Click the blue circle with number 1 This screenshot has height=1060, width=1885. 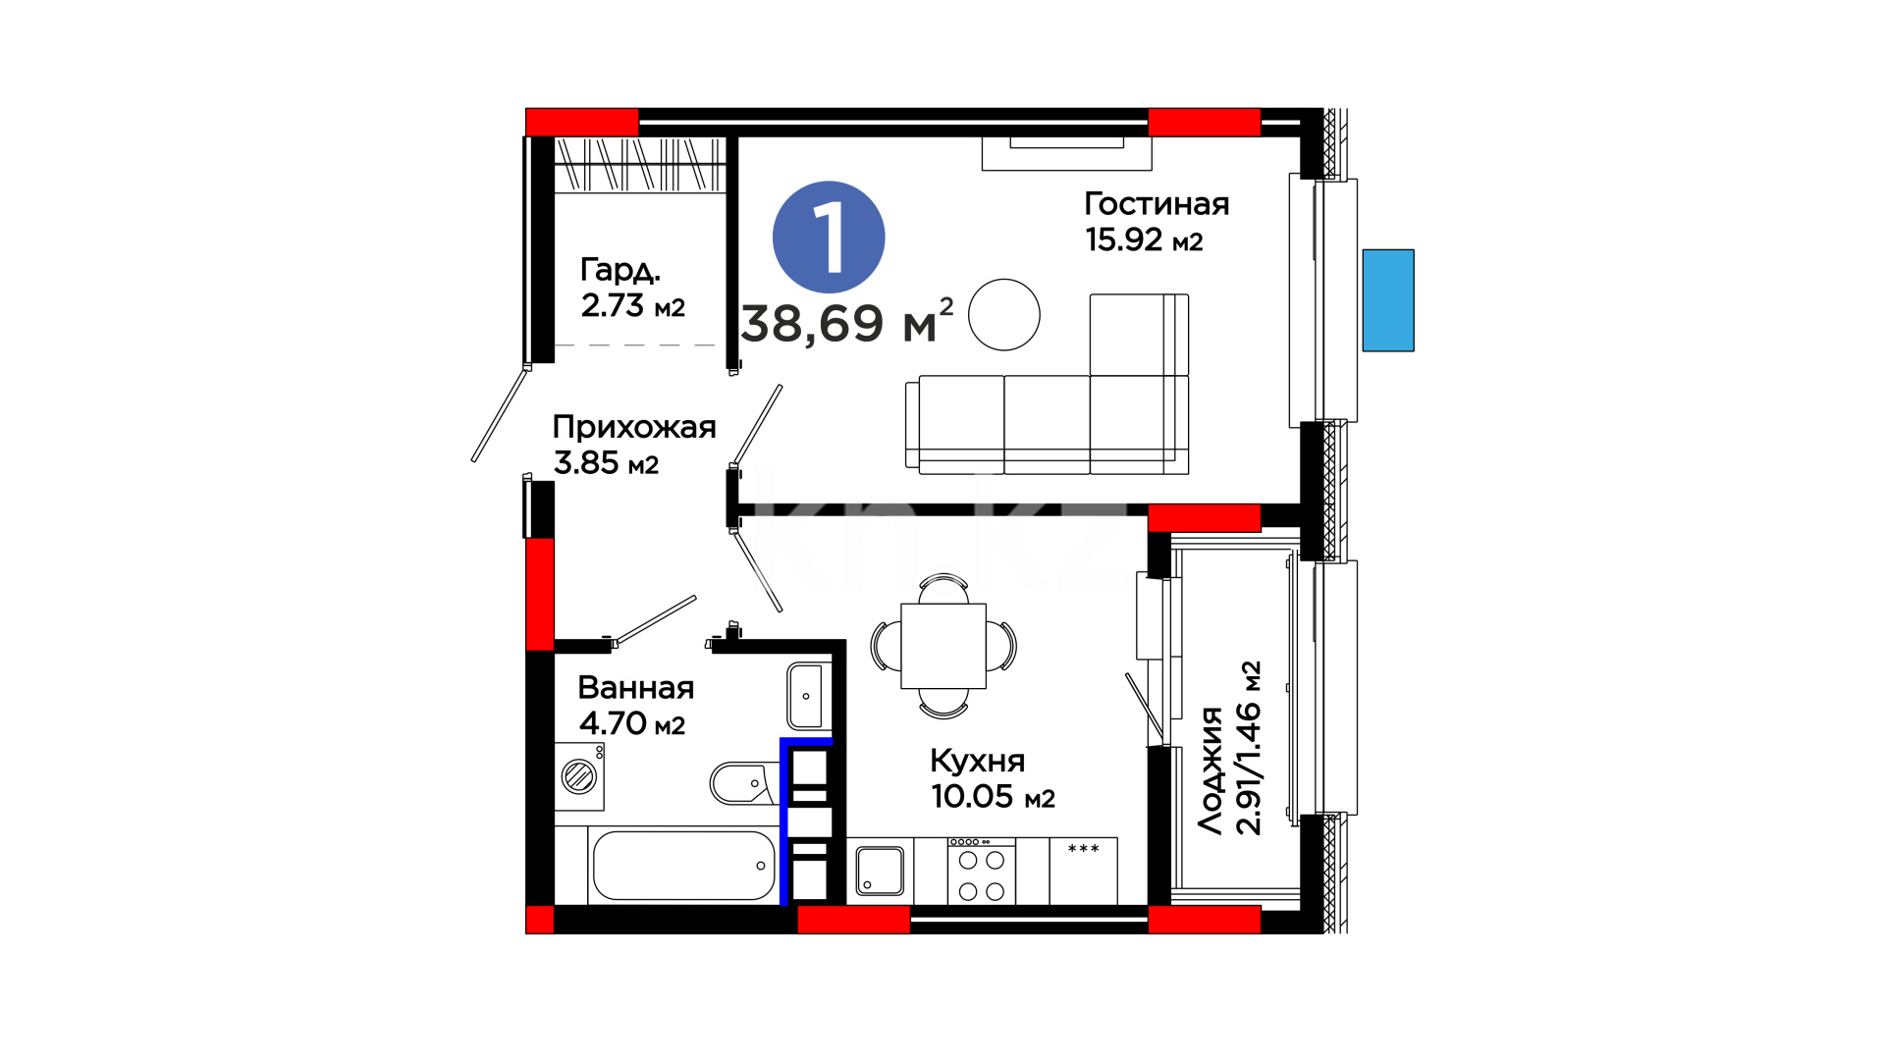click(x=829, y=238)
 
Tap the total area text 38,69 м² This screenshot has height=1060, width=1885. click(x=847, y=322)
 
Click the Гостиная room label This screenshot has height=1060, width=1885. click(x=1157, y=203)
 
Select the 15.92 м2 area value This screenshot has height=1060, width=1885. click(x=1144, y=239)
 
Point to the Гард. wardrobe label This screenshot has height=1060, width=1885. click(x=619, y=270)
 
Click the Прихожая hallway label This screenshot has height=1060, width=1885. click(x=634, y=427)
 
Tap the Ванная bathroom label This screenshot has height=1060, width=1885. click(x=636, y=687)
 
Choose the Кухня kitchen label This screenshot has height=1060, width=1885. click(x=977, y=761)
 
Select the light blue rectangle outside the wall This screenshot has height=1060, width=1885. click(x=1388, y=300)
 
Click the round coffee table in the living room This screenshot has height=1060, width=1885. click(x=1004, y=315)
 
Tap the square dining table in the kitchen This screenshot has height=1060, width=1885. click(x=943, y=646)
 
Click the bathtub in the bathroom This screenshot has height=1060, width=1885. click(x=683, y=866)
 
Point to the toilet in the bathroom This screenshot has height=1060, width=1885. click(x=743, y=783)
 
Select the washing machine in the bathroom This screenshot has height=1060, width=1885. click(x=579, y=776)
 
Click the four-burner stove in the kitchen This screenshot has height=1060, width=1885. click(x=982, y=871)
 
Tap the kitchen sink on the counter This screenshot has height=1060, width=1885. click(x=880, y=872)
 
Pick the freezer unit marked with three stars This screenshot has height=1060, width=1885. click(x=1084, y=871)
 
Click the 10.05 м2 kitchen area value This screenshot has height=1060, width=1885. click(x=993, y=797)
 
